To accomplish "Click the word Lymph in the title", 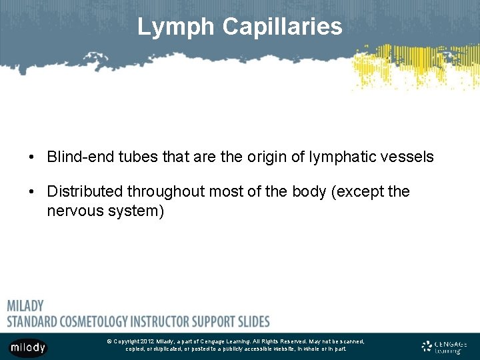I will click(177, 27).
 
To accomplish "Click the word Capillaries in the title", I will click(282, 27).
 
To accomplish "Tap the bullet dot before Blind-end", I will click(31, 158).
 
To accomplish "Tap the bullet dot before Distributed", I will click(31, 193).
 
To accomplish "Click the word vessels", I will click(409, 157).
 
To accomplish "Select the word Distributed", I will click(85, 192).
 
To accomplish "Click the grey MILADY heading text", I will click(25, 306).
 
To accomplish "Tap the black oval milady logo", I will click(27, 347).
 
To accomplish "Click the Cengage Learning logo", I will click(445, 347).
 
